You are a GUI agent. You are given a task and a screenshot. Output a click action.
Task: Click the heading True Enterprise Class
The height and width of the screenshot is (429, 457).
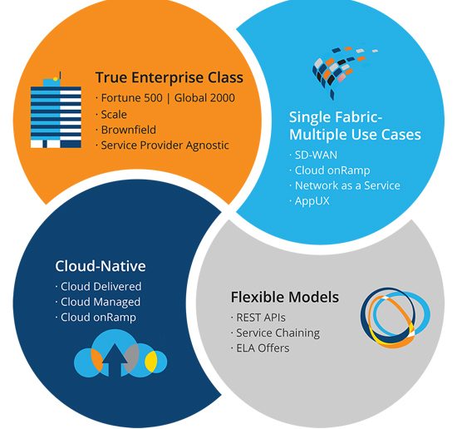point(170,77)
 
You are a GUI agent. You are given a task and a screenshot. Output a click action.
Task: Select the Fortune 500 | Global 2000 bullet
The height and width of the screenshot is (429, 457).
point(168,98)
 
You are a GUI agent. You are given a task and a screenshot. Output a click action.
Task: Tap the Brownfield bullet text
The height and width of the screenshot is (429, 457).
point(128,130)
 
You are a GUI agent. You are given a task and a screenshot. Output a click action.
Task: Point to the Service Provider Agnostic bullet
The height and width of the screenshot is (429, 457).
point(165,145)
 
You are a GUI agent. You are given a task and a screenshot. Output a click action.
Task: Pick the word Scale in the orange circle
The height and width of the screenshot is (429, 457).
point(114,115)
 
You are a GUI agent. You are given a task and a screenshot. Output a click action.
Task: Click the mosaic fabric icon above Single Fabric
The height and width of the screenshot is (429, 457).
point(343,71)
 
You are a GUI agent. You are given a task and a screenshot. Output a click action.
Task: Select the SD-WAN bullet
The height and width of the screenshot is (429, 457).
point(316,155)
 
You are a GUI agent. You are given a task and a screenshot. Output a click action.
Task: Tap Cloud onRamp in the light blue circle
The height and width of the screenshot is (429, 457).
point(332,170)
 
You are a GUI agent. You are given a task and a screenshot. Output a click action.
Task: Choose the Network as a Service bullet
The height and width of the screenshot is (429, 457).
point(347,185)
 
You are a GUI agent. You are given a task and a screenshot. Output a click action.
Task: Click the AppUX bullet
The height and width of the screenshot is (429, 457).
point(312,201)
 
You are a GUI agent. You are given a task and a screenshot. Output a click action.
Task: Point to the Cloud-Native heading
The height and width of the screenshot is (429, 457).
point(101,266)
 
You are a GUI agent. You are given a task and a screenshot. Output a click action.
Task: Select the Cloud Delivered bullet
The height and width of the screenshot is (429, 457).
point(101,286)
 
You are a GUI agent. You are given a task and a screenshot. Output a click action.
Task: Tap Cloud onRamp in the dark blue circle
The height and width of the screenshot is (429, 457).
point(98,318)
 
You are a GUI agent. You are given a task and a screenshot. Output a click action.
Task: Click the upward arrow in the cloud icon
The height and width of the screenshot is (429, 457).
point(115,360)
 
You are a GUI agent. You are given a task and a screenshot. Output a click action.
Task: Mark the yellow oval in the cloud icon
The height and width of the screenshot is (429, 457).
point(151,362)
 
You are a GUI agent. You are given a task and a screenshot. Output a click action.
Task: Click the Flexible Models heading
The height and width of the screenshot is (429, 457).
point(285,297)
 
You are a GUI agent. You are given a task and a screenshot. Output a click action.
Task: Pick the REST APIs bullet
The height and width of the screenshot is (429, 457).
point(261,318)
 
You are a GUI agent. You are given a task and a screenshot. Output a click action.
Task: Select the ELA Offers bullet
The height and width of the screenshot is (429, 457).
point(263,348)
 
